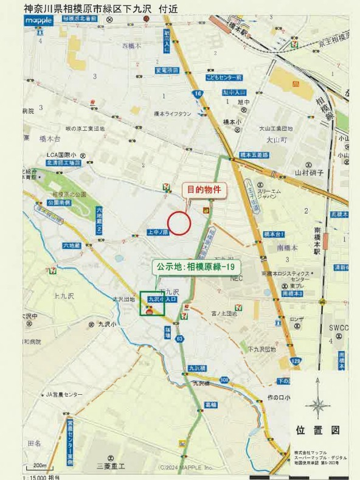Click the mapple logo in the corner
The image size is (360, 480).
tap(40, 21)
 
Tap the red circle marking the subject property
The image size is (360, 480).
tap(179, 223)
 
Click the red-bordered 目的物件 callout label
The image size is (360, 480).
tap(205, 190)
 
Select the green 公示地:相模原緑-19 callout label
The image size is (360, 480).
tap(196, 266)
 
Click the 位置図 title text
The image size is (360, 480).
tap(317, 430)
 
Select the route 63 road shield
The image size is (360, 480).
tap(180, 338)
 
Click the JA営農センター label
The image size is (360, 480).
tap(64, 395)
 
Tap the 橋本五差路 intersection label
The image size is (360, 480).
tap(255, 155)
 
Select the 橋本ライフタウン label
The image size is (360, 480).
tap(173, 114)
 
